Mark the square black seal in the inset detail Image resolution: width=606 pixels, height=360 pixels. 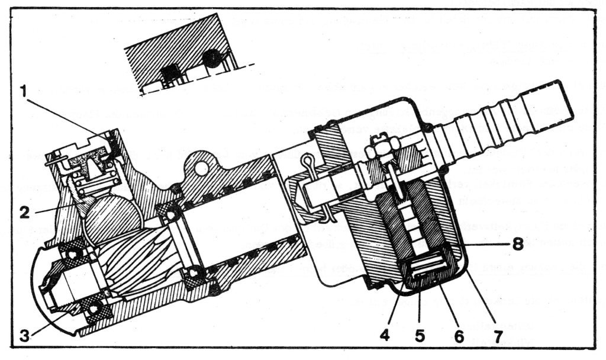pos(170,73)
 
